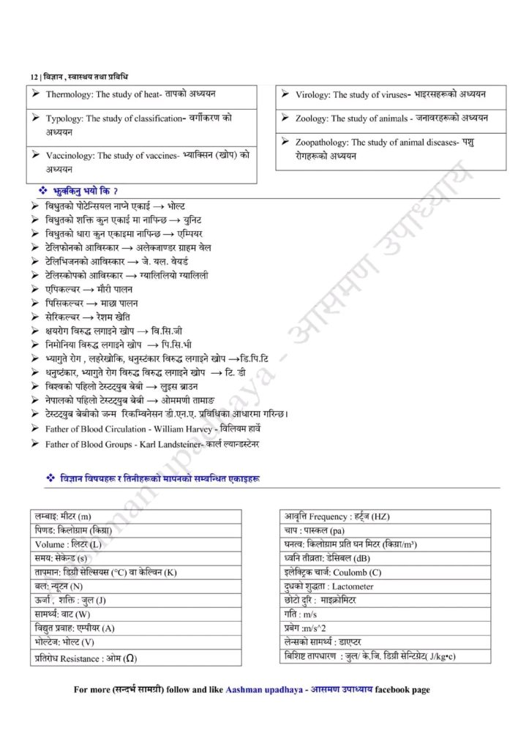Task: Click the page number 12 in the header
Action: click(x=34, y=77)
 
